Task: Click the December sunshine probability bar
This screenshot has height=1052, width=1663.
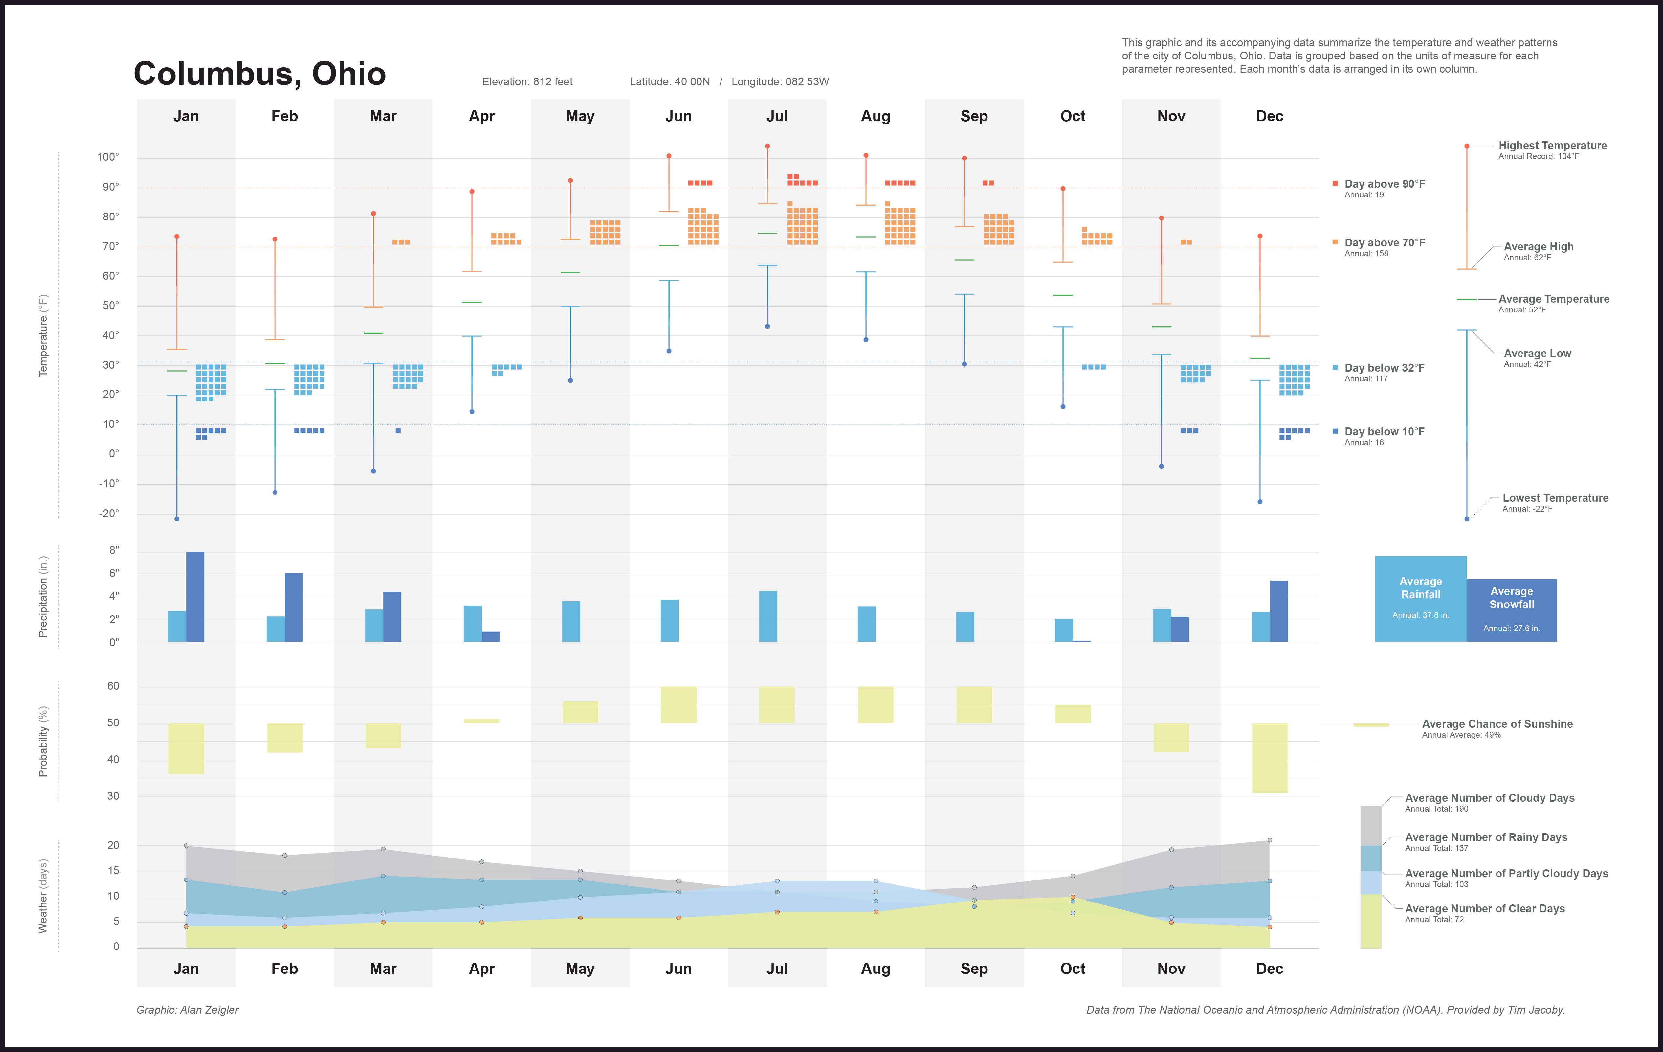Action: click(1269, 758)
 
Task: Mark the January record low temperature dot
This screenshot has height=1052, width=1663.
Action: click(177, 519)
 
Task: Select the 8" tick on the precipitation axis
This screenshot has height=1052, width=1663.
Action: click(114, 550)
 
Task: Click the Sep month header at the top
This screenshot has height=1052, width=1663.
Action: click(974, 116)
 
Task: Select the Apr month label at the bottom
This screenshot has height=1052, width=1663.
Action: click(481, 969)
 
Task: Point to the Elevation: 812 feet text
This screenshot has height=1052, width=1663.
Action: click(527, 81)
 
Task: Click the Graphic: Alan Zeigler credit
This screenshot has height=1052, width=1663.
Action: click(187, 1010)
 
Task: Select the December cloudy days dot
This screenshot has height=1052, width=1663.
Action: click(1269, 841)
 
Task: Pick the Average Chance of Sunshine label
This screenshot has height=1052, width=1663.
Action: click(1497, 724)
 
